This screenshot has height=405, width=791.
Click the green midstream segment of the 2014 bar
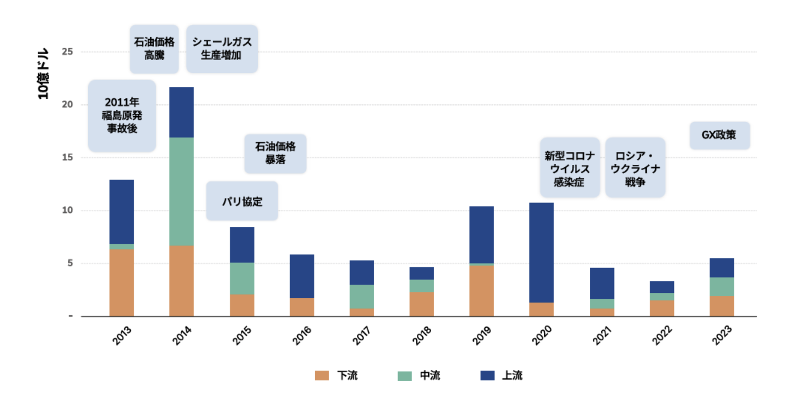point(181,191)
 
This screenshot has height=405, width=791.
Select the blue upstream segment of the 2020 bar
point(541,252)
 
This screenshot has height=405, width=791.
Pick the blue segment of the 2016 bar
point(302,276)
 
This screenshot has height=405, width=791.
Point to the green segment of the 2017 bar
point(362,296)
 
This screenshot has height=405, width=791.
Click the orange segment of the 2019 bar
point(481,290)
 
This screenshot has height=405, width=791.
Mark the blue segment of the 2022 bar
point(662,287)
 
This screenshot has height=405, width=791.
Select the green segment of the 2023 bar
point(722,286)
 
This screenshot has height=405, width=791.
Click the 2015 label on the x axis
point(242,336)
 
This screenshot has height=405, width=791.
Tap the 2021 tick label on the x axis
point(602,336)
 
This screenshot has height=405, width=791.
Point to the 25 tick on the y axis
point(67,52)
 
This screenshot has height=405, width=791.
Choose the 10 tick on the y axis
point(67,210)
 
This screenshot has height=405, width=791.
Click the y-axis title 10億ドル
point(44,73)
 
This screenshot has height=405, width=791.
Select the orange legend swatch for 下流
point(322,375)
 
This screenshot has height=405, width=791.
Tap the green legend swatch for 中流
point(404,376)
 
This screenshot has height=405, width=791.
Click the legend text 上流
point(512,375)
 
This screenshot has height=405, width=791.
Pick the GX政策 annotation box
point(719,135)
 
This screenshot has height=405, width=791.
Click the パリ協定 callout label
point(242,201)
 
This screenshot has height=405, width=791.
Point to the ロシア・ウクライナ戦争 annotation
point(635,168)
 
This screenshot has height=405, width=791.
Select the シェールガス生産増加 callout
point(222,49)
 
